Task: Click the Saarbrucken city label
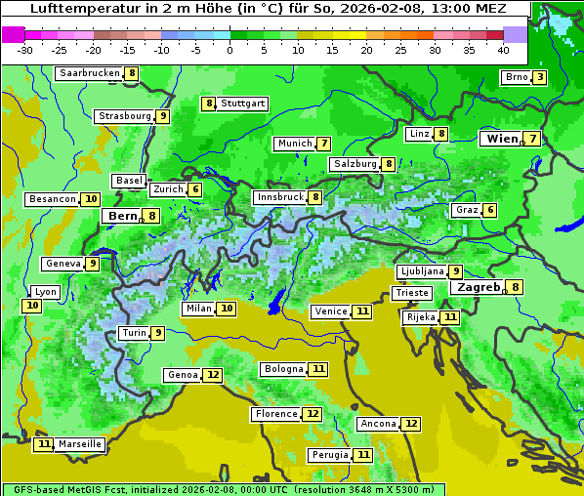[89, 73]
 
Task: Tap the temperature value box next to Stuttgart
[208, 103]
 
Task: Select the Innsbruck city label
[279, 197]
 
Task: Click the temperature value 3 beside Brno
[539, 78]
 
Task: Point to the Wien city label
[503, 140]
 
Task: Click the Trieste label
[411, 293]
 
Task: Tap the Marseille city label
[79, 444]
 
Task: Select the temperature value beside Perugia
[362, 455]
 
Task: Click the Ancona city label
[378, 424]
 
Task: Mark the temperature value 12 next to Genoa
[213, 375]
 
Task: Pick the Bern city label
[123, 216]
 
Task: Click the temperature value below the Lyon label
[32, 306]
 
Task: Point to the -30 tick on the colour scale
[25, 50]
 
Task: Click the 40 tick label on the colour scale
[503, 50]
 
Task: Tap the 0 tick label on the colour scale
[230, 50]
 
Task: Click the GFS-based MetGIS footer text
[63, 489]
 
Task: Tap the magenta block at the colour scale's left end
[13, 34]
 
